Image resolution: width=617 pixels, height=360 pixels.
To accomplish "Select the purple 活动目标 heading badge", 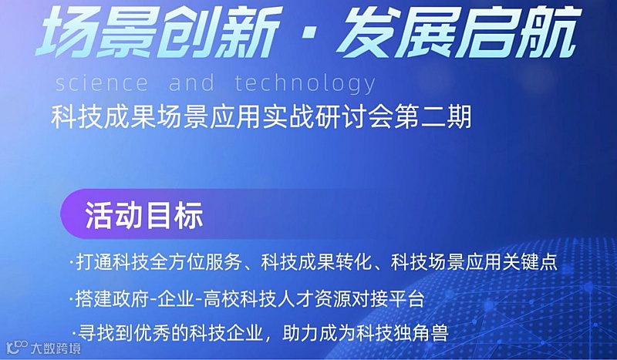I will point(143,215).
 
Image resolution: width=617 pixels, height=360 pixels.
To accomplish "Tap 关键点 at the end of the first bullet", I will point(530,262).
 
